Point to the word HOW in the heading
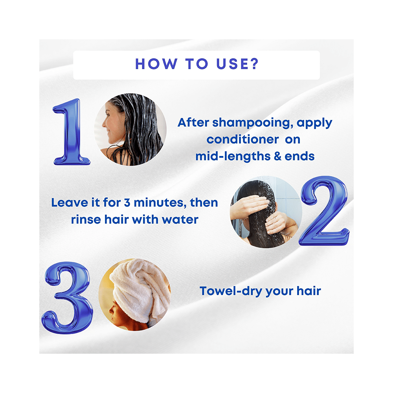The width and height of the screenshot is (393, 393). pyautogui.click(x=153, y=64)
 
